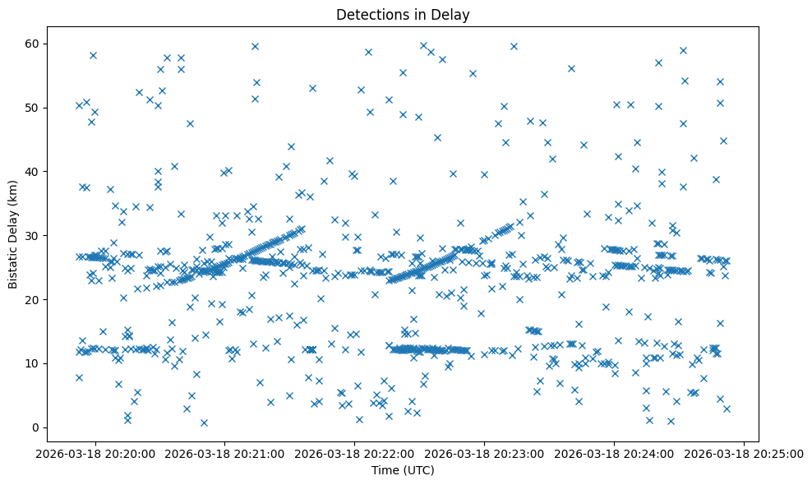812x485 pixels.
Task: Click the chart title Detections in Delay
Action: [x=403, y=14]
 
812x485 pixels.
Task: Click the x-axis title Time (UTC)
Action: [x=403, y=470]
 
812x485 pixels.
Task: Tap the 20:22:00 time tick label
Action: [x=354, y=453]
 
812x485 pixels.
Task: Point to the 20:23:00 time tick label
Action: [x=484, y=453]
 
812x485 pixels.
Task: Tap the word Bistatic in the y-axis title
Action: [x=14, y=265]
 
